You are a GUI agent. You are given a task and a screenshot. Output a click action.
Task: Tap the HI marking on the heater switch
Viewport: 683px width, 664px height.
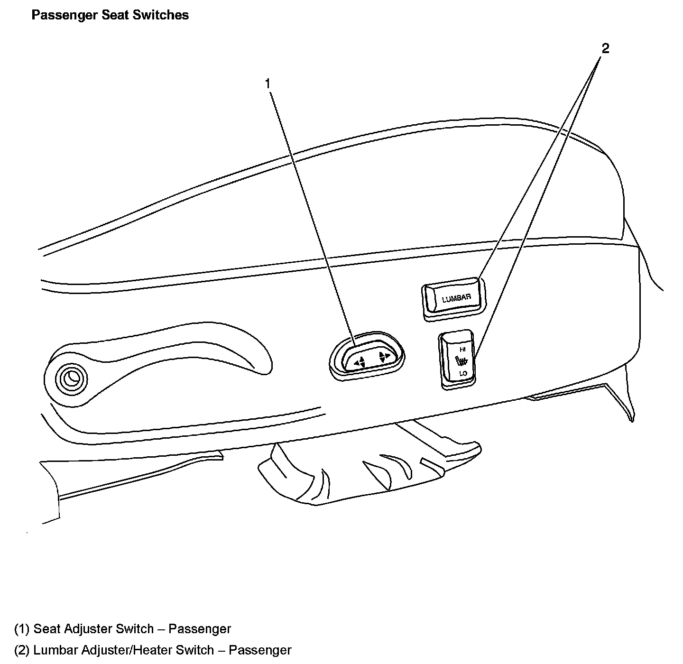(x=462, y=349)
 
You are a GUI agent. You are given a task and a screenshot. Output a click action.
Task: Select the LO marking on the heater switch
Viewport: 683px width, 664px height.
(x=463, y=374)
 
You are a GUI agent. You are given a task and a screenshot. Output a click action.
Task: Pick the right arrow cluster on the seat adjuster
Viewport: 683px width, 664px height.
(x=384, y=356)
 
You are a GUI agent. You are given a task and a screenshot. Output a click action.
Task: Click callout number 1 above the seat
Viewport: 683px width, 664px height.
(x=268, y=84)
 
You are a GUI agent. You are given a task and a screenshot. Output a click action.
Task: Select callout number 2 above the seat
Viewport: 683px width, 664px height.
(x=605, y=48)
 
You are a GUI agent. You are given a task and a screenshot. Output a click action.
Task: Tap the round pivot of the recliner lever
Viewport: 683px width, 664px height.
(x=71, y=378)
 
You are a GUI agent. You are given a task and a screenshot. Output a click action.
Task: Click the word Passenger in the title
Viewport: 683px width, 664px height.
(x=65, y=15)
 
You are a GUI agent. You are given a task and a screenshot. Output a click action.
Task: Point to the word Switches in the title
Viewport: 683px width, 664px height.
(x=160, y=15)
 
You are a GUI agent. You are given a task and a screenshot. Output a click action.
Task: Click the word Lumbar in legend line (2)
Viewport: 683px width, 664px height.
(x=55, y=650)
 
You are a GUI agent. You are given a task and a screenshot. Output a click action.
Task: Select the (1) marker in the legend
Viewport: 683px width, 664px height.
(x=22, y=629)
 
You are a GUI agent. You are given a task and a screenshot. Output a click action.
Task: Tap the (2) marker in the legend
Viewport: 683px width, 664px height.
(x=22, y=650)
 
